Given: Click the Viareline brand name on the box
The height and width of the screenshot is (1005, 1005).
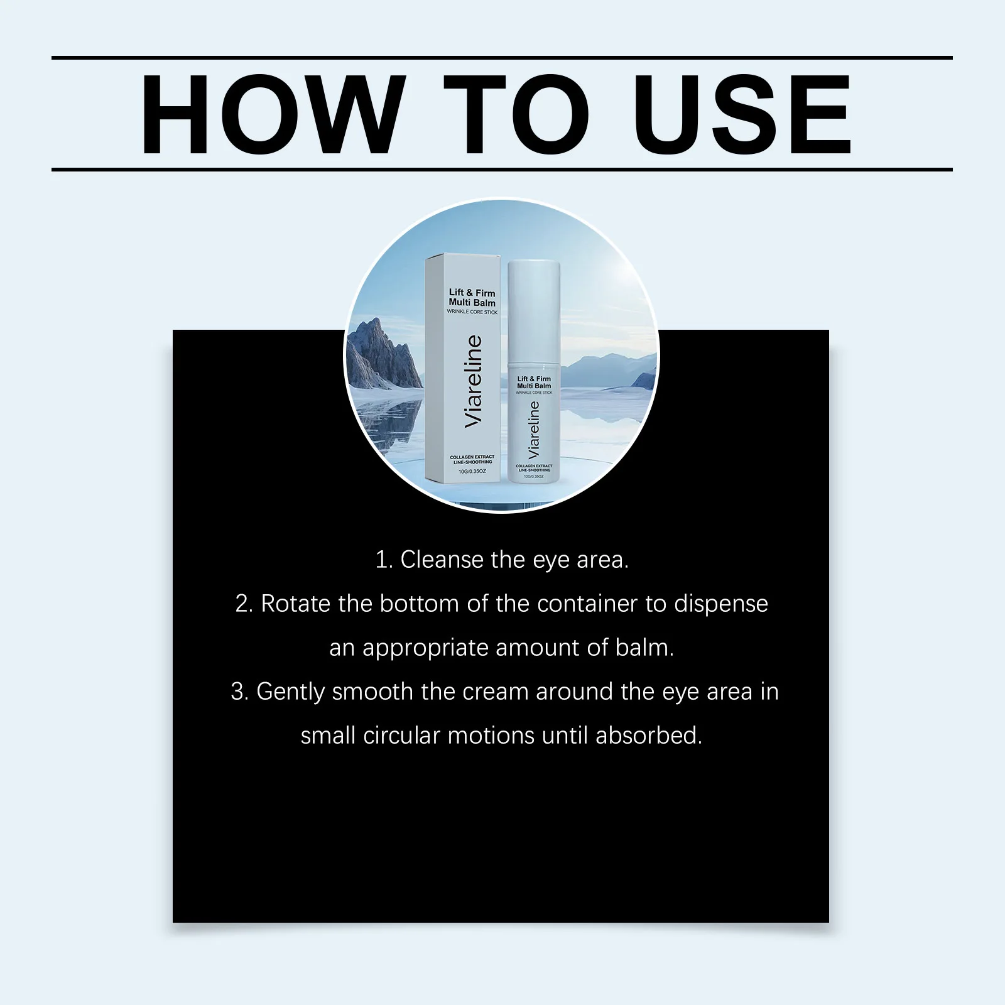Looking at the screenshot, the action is coord(472,382).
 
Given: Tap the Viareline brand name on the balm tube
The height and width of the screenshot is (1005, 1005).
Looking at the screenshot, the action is coord(534,429).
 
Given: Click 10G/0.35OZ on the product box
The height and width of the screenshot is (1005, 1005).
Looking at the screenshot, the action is coord(472,471).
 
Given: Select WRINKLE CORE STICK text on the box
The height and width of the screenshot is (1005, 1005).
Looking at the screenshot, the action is coord(472,312).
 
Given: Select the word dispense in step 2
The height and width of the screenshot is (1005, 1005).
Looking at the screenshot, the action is coord(721,604).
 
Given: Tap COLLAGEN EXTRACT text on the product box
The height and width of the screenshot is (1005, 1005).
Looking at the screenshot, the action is coord(472,457).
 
